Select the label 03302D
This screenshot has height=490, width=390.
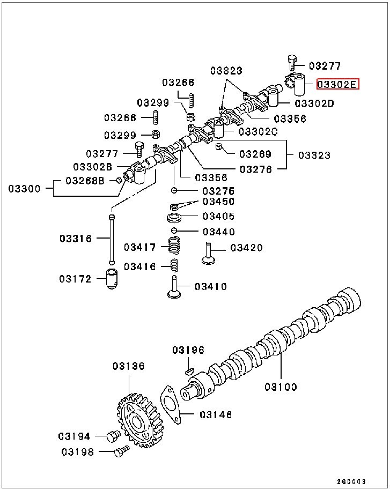[314, 103]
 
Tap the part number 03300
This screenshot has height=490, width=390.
[24, 189]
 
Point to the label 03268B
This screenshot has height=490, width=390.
[85, 180]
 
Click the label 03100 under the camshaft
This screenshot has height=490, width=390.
[280, 387]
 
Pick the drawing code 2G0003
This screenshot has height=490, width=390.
[351, 481]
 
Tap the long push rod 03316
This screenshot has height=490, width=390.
[112, 239]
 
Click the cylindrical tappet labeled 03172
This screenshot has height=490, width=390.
[112, 279]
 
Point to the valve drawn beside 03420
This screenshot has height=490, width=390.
[209, 253]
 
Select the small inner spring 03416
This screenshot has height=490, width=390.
[174, 265]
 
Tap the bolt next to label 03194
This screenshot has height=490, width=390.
[113, 436]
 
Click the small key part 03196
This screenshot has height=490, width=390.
[189, 370]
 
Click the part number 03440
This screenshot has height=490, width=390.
[218, 232]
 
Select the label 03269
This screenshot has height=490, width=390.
[255, 154]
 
